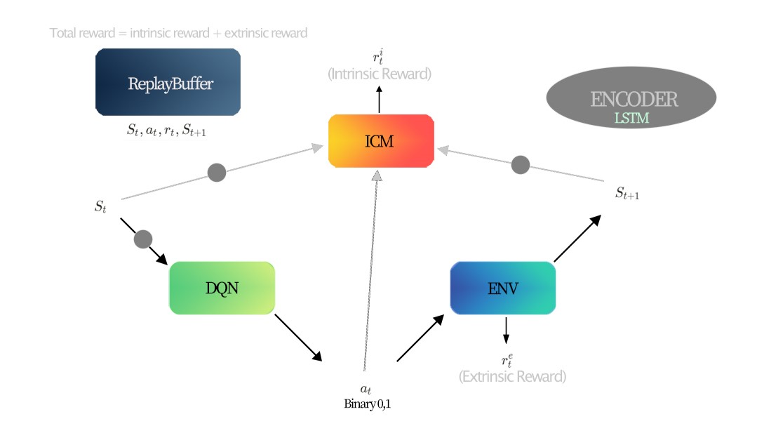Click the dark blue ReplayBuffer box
coord(168,82)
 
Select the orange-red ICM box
coord(380,141)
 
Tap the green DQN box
coord(222,288)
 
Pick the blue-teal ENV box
coord(502,288)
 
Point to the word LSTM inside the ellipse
coord(631,119)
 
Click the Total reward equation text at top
coord(178,33)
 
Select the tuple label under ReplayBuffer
coord(167,129)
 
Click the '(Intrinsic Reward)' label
coord(380,73)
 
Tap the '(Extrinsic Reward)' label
coord(512,376)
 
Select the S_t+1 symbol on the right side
coord(627,194)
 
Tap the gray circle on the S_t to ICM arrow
coord(217,172)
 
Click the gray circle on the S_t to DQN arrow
coord(142,239)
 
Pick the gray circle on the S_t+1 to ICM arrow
coord(520,165)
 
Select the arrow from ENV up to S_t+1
coord(577,239)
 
